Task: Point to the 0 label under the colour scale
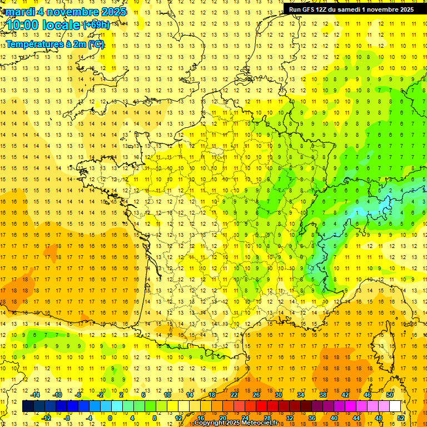click(x=110, y=418)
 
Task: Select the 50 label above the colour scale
click(x=390, y=395)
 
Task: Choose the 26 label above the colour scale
click(x=256, y=395)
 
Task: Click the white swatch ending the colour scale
click(x=395, y=406)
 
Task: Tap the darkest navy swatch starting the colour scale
click(x=28, y=406)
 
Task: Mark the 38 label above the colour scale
click(x=323, y=395)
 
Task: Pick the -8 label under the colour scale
click(x=67, y=418)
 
